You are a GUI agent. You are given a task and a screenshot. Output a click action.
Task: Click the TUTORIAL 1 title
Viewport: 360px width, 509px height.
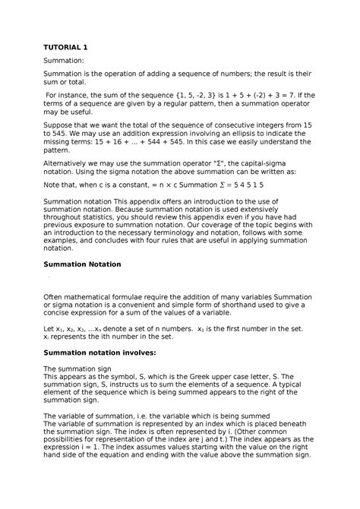coord(68,47)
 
